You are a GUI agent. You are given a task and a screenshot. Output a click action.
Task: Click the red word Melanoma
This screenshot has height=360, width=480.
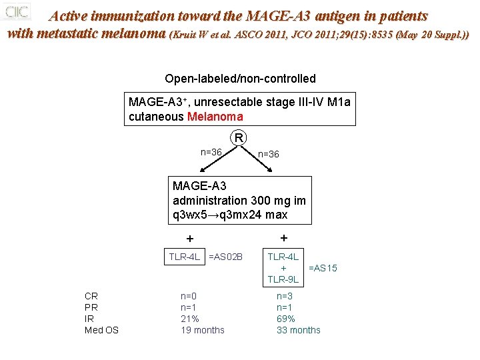tap(215, 117)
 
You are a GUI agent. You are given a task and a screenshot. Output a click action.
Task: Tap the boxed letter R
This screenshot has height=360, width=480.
tap(238, 139)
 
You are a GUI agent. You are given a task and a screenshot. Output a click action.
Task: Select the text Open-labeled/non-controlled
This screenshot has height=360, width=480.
tap(240, 79)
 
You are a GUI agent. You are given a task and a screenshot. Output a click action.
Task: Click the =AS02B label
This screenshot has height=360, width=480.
tap(225, 257)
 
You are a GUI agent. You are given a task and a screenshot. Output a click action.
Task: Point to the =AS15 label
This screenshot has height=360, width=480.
tap(323, 268)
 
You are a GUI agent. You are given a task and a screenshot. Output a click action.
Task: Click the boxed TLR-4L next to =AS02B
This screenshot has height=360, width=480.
tap(185, 257)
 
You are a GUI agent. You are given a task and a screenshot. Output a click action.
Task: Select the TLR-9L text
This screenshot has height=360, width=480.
tap(283, 279)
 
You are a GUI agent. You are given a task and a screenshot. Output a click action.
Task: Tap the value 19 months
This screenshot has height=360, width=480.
tap(203, 330)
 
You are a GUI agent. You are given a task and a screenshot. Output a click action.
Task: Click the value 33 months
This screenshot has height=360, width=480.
tap(298, 330)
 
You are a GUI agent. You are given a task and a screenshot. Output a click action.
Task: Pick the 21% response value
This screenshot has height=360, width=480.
tap(190, 319)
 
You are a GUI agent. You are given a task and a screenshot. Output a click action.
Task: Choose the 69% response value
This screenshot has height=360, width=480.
tap(286, 319)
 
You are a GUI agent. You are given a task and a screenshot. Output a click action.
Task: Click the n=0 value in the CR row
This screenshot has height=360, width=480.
tap(189, 296)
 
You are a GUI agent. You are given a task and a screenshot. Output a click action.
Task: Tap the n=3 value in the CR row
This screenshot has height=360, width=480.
tap(285, 296)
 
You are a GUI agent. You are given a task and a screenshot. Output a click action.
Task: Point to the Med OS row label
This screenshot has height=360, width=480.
tap(101, 330)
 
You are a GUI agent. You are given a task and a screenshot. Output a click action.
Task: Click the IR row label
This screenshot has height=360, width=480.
tap(89, 319)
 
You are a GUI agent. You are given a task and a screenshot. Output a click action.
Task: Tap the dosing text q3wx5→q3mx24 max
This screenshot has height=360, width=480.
tap(230, 215)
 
